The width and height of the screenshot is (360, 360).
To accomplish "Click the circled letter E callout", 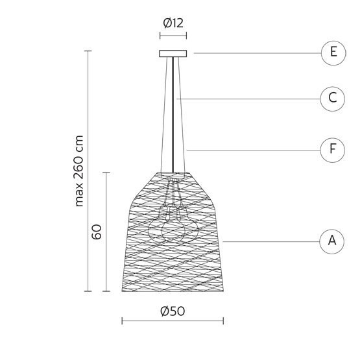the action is pyautogui.click(x=333, y=53).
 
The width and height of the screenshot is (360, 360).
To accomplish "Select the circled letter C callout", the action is pyautogui.click(x=333, y=99).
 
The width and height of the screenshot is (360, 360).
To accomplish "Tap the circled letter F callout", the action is pyautogui.click(x=333, y=150).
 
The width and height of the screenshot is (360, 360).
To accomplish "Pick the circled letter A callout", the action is pyautogui.click(x=331, y=241).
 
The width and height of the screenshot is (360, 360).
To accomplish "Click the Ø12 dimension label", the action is pyautogui.click(x=173, y=23).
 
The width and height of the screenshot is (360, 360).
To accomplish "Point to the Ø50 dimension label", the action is pyautogui.click(x=173, y=311).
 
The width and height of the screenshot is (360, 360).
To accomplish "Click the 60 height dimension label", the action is pyautogui.click(x=97, y=232).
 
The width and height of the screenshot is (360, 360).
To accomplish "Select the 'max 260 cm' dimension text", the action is pyautogui.click(x=78, y=171).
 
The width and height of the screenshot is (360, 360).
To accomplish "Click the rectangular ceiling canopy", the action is pyautogui.click(x=173, y=53).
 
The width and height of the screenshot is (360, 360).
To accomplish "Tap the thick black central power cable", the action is pyautogui.click(x=173, y=115).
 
